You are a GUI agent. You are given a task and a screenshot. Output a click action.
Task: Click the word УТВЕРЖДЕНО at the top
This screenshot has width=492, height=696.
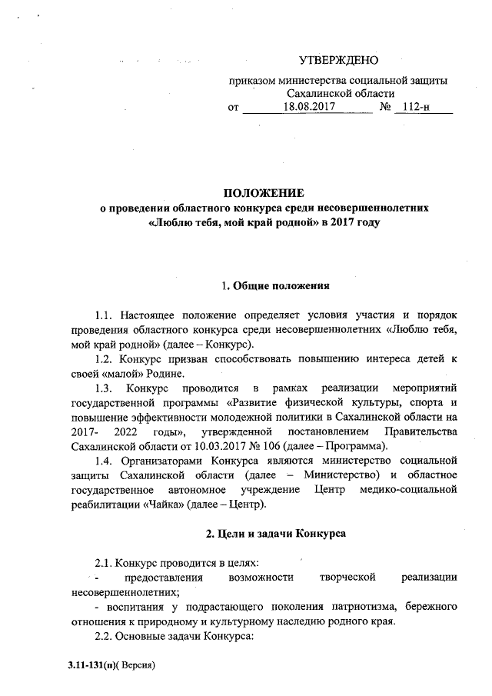point(338,60)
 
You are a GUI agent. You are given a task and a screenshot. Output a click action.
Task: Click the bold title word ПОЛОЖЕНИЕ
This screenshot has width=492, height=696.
point(264,192)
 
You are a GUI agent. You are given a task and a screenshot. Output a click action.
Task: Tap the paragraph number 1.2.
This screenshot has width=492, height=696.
point(103,359)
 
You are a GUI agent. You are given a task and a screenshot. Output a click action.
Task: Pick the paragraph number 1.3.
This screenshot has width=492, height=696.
point(103,389)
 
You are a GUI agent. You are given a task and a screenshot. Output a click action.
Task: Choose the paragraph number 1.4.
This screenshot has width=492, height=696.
point(103,461)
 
